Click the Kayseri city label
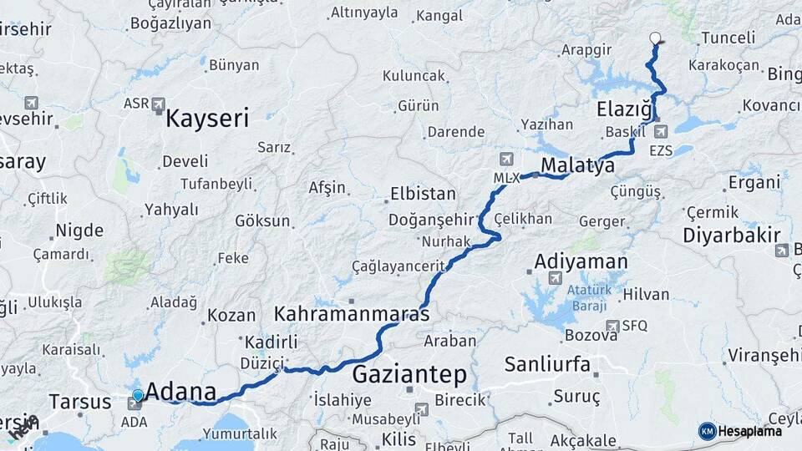click(207, 118)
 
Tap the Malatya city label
click(577, 165)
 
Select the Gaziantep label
click(409, 373)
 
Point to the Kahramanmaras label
click(352, 315)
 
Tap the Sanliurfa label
click(547, 364)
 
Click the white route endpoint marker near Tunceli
click(655, 38)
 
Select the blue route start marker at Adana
click(138, 394)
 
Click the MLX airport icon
click(505, 159)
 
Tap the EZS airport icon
click(661, 131)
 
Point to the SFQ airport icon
click(612, 326)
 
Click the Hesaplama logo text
click(749, 431)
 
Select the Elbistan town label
click(423, 194)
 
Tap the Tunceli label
click(728, 38)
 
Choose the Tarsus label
click(79, 401)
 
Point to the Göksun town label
click(262, 221)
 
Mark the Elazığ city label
click(624, 109)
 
